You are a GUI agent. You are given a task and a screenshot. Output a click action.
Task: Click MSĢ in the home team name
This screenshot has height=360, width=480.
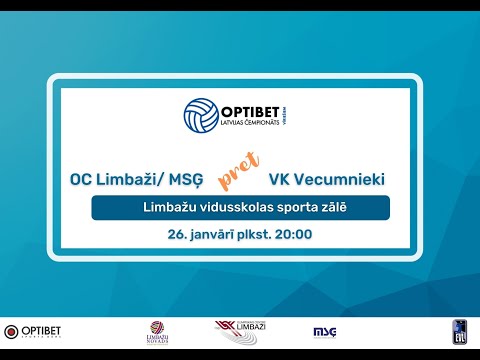(x=187, y=180)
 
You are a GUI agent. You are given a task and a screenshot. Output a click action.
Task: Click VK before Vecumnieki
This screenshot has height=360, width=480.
(x=279, y=180)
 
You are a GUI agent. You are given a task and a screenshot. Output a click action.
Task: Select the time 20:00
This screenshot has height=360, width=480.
(x=293, y=236)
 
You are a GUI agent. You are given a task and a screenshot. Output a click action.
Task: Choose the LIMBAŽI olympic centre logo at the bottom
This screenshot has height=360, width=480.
(x=240, y=331)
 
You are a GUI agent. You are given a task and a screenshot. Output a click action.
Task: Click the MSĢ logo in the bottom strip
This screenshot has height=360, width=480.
(x=325, y=331)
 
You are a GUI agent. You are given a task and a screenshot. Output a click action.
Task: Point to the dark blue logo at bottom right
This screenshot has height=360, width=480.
(x=461, y=331)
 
